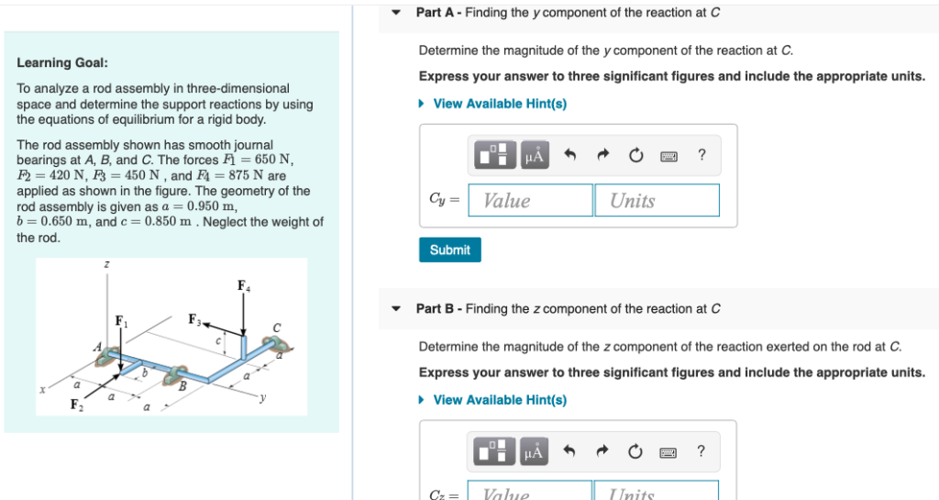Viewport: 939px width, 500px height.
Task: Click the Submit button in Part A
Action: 449,250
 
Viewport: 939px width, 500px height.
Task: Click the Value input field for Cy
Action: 530,201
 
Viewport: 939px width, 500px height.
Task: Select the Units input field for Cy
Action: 657,201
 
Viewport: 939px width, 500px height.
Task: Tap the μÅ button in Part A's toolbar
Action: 534,156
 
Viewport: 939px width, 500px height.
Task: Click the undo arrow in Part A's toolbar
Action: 570,156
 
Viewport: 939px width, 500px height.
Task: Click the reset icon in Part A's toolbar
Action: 635,156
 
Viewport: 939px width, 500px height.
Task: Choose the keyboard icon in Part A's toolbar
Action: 668,156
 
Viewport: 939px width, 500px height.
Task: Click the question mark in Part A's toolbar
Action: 701,155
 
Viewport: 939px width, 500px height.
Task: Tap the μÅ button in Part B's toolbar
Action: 534,451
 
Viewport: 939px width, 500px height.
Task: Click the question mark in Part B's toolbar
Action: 701,450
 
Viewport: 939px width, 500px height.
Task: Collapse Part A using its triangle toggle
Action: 396,13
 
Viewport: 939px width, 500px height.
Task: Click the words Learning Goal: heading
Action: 62,62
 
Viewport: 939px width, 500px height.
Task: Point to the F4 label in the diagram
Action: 242,285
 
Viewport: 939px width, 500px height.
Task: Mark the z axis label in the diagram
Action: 106,265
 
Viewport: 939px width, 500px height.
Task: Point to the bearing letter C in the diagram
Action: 275,328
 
